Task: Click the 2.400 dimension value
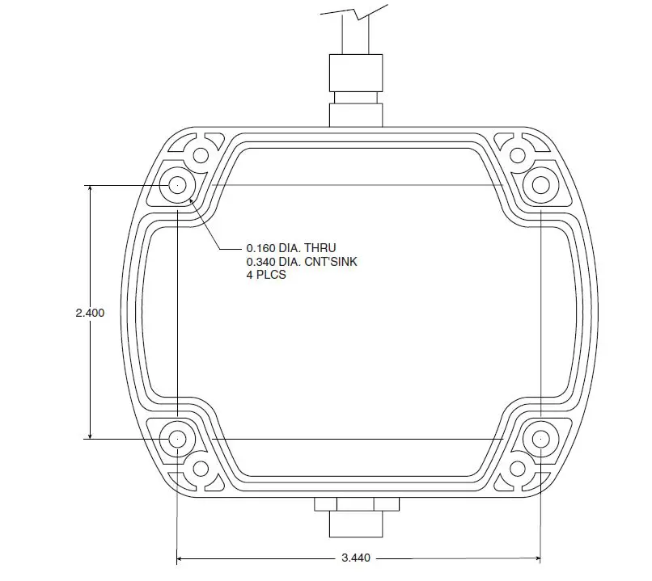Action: click(x=90, y=313)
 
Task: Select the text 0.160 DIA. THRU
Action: click(x=290, y=248)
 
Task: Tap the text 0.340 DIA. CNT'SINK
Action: click(x=301, y=262)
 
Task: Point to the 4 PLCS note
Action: click(x=266, y=276)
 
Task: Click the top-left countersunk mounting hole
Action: click(x=176, y=185)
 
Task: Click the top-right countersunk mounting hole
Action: click(x=539, y=185)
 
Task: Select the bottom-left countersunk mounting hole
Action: click(x=176, y=439)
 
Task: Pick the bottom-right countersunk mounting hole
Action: click(x=539, y=439)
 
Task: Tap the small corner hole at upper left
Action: click(x=201, y=155)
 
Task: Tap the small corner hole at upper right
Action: click(x=515, y=155)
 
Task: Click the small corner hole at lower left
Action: click(x=200, y=469)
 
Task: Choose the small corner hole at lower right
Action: click(x=515, y=469)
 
